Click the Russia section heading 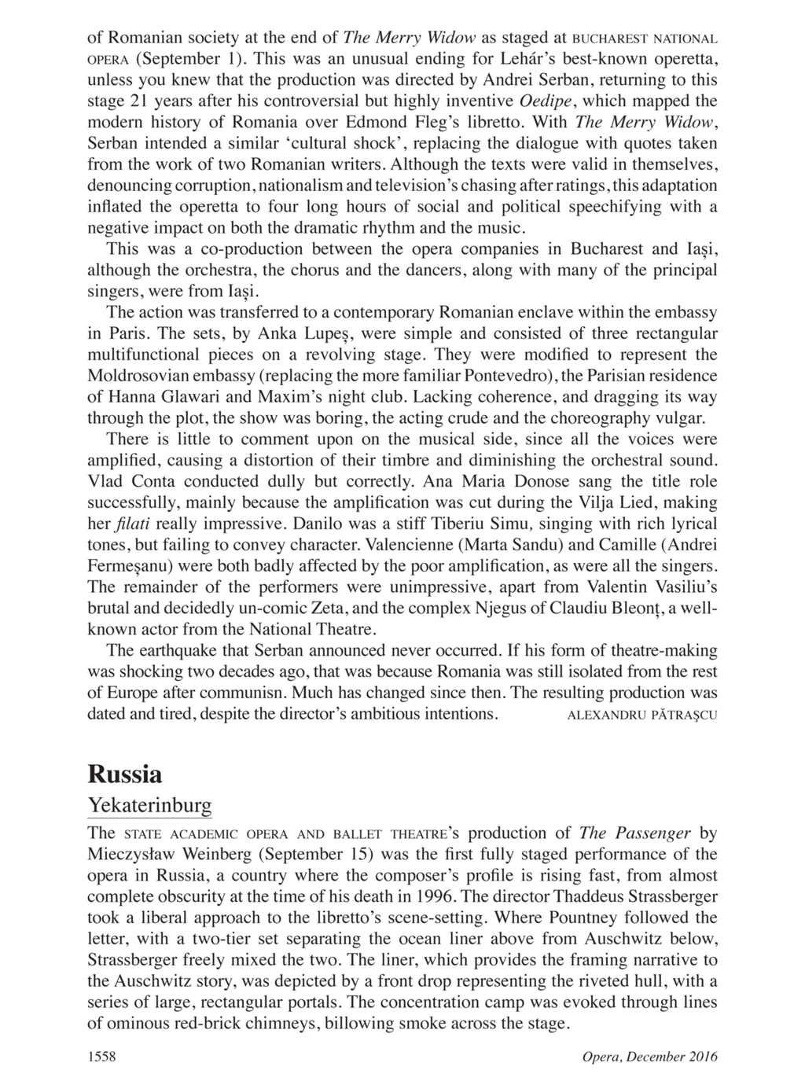tap(125, 774)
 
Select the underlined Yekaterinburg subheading tap(149, 807)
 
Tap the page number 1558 tap(101, 1057)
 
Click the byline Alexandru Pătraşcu tap(641, 715)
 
